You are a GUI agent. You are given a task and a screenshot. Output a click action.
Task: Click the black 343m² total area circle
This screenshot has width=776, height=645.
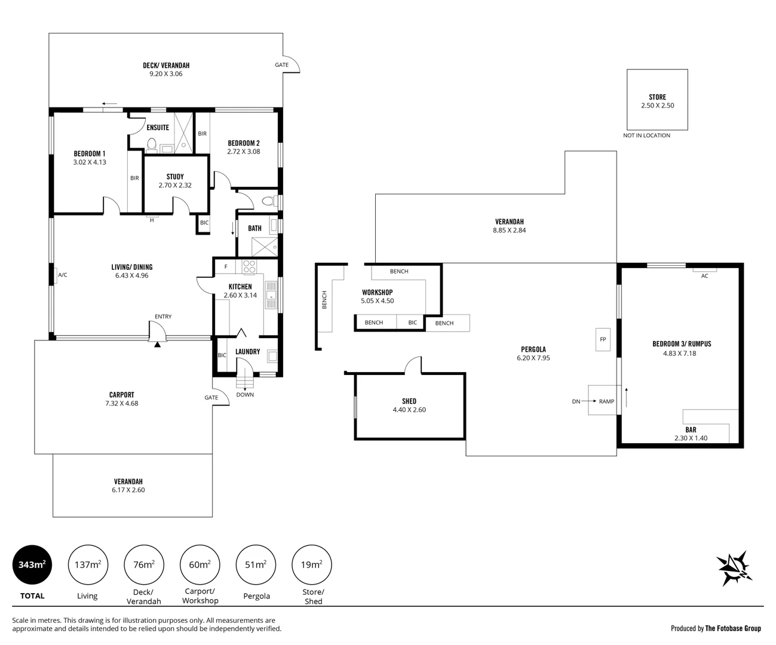[32, 564]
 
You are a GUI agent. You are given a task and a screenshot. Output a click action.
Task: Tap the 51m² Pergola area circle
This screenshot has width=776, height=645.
[256, 564]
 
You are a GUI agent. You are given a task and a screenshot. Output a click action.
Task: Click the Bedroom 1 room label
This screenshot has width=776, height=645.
[90, 153]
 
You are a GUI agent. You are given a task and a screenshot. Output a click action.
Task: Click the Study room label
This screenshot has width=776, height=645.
[175, 177]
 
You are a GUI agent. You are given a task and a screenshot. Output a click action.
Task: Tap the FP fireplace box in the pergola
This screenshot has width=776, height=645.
[603, 339]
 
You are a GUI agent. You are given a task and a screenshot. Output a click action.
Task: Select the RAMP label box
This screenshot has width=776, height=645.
[606, 401]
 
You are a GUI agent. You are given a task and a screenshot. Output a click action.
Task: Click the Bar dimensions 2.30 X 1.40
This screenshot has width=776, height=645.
[691, 438]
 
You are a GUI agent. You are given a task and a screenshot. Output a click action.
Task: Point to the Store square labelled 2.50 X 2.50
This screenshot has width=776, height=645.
[657, 100]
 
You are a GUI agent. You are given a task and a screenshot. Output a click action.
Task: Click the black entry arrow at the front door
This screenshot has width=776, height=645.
[157, 344]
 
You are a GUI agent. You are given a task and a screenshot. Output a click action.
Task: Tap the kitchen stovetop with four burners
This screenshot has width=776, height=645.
[249, 266]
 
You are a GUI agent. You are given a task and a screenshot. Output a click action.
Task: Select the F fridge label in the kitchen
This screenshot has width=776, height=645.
[226, 266]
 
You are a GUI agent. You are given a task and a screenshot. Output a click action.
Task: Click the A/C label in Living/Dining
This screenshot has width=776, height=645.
[62, 275]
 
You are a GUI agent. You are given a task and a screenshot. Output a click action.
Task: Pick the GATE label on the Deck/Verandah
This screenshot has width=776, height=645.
[281, 65]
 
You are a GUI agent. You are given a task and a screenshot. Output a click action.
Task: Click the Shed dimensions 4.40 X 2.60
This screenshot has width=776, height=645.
[409, 410]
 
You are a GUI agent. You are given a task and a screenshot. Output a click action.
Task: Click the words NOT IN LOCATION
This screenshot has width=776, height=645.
[646, 136]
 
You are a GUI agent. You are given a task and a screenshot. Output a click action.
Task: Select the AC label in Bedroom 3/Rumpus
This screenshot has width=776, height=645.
[704, 276]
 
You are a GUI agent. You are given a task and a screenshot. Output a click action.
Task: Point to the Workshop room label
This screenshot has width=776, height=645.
[378, 293]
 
